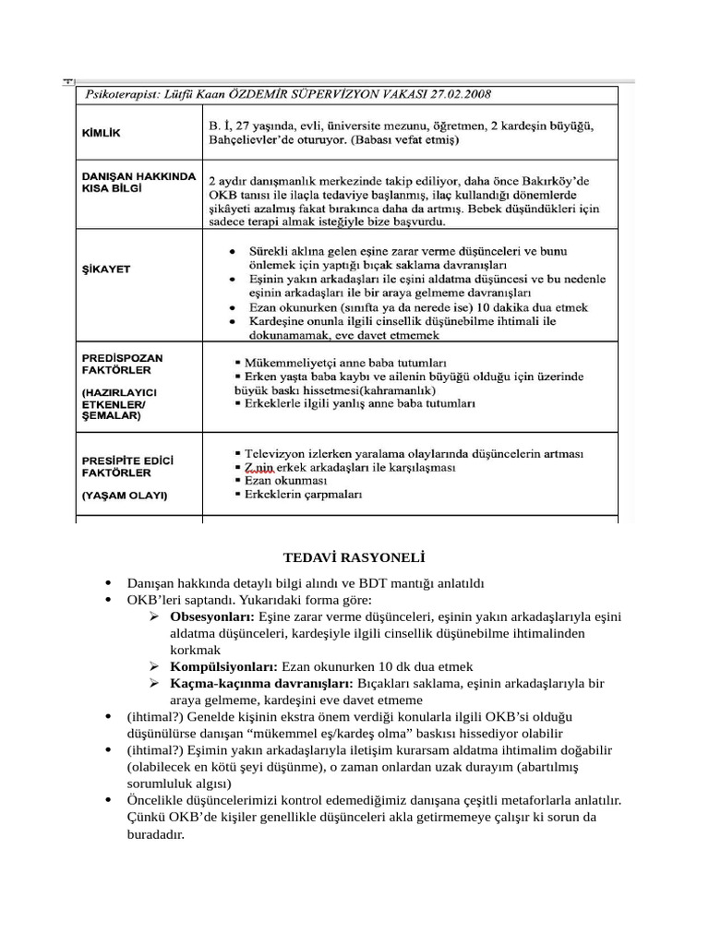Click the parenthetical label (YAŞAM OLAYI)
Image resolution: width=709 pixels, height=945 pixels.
point(125,495)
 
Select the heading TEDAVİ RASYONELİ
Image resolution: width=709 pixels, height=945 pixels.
point(354,556)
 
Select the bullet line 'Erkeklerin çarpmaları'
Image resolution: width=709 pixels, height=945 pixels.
point(304,495)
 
